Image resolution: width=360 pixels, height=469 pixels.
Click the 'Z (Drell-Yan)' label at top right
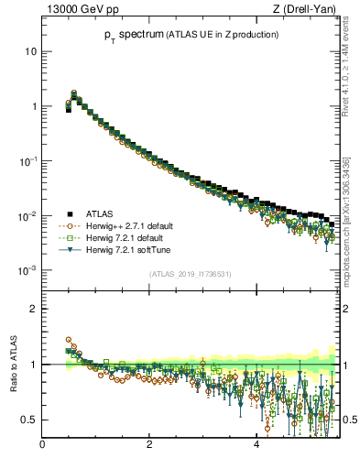click(x=309, y=9)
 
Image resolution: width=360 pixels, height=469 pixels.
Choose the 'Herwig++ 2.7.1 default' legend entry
click(x=127, y=225)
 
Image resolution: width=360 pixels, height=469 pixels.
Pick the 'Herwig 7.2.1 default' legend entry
click(x=125, y=237)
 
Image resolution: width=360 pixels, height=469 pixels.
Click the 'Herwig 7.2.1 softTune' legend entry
click(x=127, y=249)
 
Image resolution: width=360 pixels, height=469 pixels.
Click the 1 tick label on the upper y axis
click(x=35, y=106)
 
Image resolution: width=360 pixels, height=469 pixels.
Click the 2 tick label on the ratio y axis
click(x=35, y=309)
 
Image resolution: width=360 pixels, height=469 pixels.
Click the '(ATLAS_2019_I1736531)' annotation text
click(x=189, y=273)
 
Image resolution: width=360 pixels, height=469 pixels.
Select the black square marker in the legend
click(x=69, y=213)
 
